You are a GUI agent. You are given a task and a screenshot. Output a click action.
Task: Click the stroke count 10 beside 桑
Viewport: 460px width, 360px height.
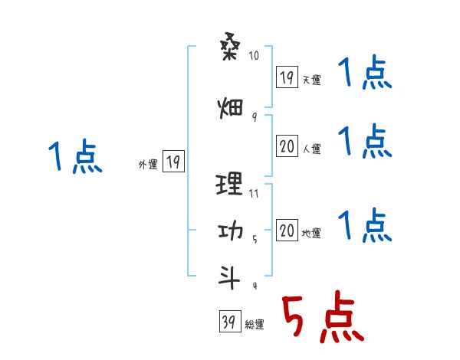click(255, 56)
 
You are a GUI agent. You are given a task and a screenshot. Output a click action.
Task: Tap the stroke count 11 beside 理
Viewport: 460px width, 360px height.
click(255, 193)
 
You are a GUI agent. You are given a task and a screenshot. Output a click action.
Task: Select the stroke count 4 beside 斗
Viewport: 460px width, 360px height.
click(254, 286)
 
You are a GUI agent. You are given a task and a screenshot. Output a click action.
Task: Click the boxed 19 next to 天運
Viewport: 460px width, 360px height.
click(287, 77)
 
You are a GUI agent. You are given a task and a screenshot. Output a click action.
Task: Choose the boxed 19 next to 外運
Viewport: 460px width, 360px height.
click(173, 162)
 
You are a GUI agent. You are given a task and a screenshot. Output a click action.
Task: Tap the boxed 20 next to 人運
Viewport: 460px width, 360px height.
click(287, 147)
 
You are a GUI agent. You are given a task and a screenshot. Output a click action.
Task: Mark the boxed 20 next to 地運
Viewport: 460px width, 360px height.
click(287, 231)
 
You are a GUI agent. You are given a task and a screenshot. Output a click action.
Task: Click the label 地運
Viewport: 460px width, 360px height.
click(311, 234)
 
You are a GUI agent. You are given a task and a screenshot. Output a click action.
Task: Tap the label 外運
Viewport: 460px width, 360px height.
click(148, 165)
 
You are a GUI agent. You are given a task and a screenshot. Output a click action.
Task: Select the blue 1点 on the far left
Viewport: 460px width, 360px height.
click(74, 158)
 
